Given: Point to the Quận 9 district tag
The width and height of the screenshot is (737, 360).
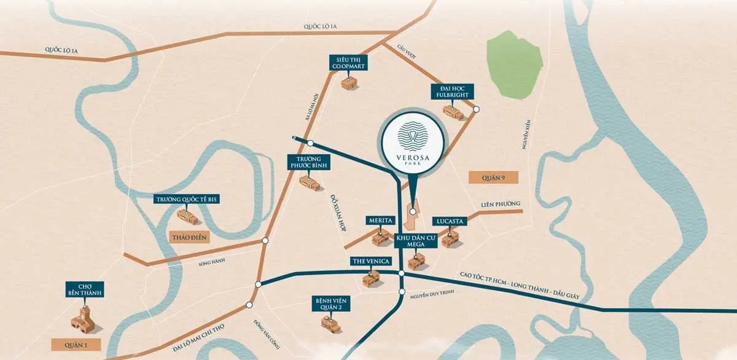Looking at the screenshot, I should click(493, 178).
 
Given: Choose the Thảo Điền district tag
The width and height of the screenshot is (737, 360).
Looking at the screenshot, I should click(192, 237).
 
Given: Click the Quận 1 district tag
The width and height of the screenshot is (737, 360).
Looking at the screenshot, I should click(77, 345).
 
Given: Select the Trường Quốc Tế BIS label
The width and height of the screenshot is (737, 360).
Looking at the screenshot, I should click(187, 199).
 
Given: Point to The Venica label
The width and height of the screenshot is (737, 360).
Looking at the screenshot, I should click(370, 261).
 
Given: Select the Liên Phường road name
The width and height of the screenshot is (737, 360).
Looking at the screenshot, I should click(500, 204).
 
